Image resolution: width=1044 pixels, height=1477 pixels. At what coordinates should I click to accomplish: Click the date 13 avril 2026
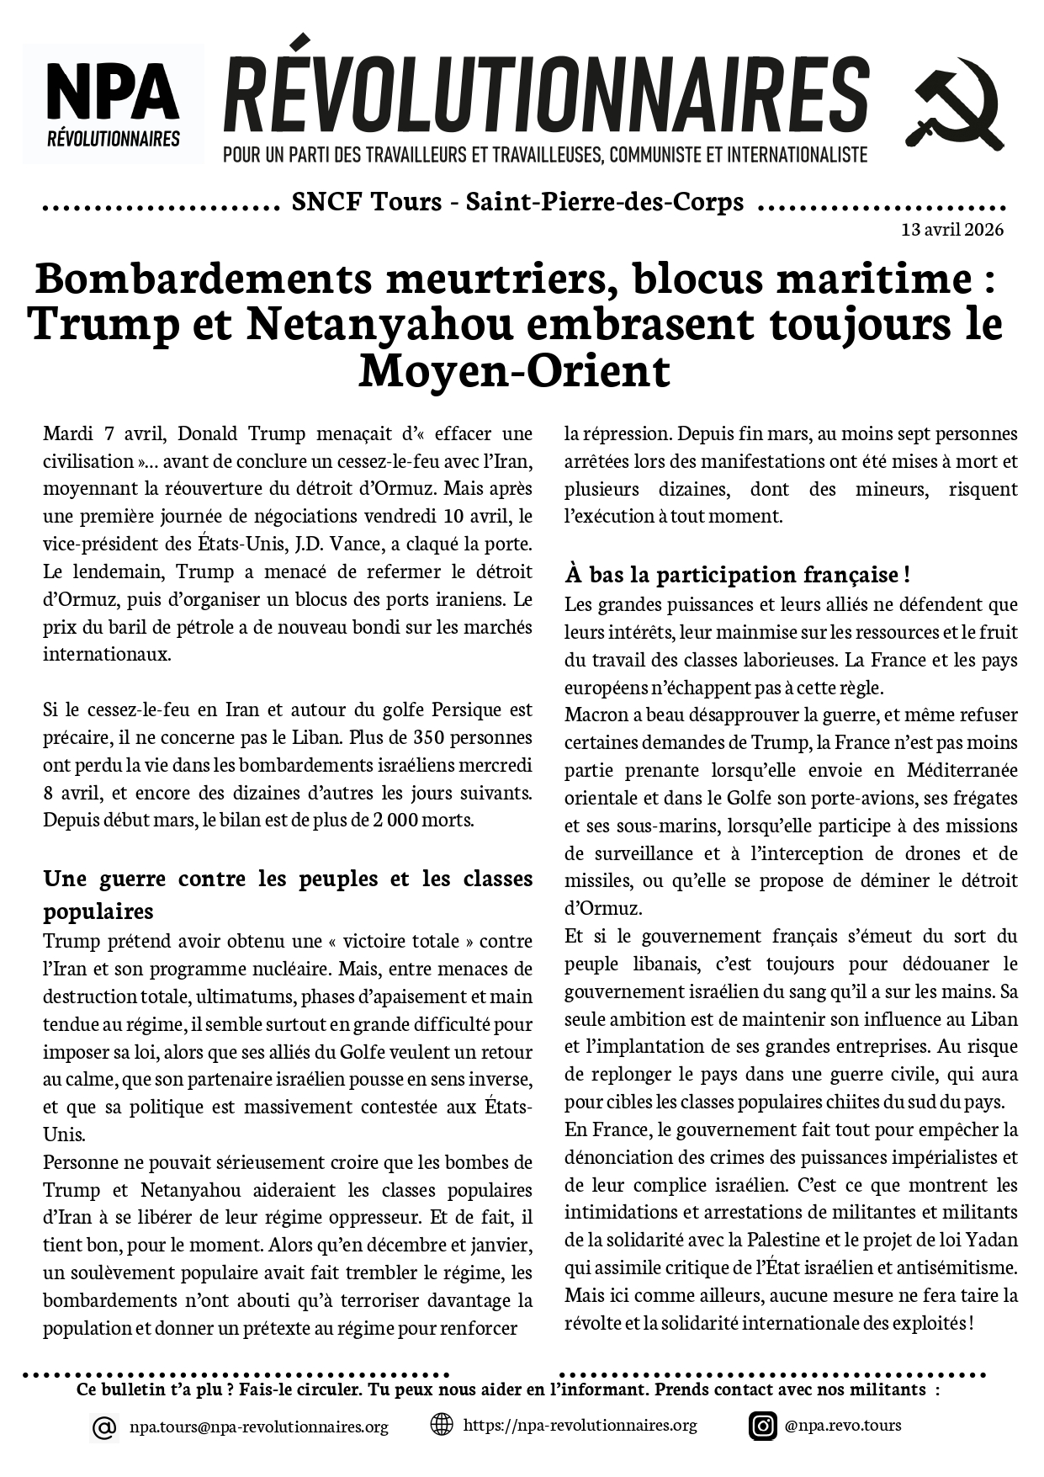click(951, 230)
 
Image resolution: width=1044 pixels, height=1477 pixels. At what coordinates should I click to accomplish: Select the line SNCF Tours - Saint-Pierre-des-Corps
click(517, 202)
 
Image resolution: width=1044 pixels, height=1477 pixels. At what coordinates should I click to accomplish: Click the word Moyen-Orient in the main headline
click(514, 371)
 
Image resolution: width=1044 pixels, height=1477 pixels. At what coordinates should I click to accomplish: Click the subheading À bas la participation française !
click(737, 575)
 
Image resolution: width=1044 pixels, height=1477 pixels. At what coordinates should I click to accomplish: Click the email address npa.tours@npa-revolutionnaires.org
click(259, 1427)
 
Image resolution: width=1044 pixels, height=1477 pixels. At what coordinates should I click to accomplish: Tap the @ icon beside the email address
click(103, 1427)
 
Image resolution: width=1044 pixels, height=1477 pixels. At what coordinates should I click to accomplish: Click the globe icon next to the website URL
click(442, 1425)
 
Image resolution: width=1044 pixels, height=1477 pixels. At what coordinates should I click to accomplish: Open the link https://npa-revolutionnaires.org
click(580, 1425)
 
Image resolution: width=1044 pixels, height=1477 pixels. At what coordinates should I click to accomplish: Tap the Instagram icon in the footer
click(762, 1426)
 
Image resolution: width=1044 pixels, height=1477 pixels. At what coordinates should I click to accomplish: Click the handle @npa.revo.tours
click(842, 1425)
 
